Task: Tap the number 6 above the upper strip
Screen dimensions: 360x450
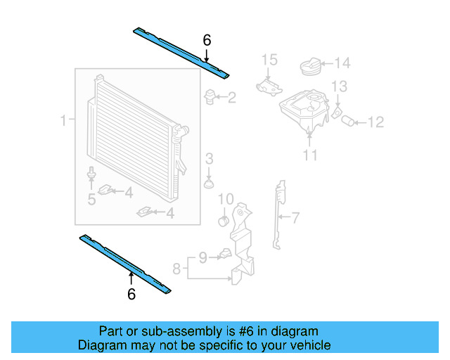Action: coord(207,41)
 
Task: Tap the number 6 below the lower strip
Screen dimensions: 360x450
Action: coord(131,295)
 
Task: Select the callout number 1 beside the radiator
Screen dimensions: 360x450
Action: coord(63,121)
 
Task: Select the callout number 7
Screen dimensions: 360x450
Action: coord(295,218)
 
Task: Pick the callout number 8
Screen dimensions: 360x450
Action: coord(176,267)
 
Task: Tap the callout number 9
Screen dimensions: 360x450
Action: coord(202,258)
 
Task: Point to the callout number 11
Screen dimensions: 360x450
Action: coord(310,155)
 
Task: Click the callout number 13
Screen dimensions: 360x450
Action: coord(339,86)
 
